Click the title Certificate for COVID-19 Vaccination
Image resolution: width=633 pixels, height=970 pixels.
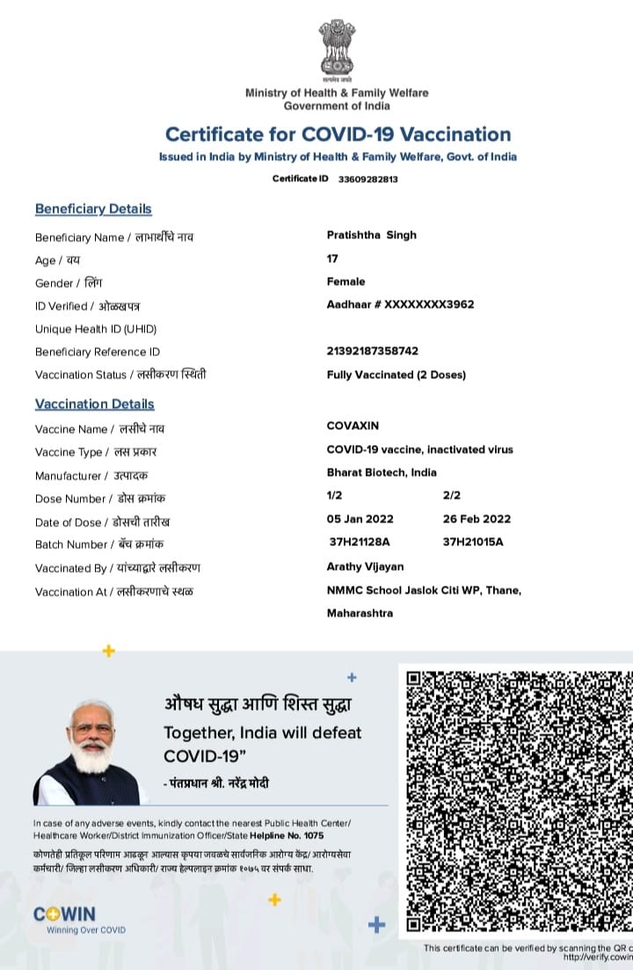click(x=338, y=135)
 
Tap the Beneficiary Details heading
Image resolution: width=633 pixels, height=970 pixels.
click(x=93, y=208)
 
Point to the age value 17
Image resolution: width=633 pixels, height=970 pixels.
click(x=332, y=259)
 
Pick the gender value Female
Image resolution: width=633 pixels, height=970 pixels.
click(x=346, y=281)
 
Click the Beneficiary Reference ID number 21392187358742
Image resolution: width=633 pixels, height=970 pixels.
click(x=373, y=351)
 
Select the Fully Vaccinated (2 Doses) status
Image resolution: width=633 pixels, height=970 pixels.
click(x=396, y=375)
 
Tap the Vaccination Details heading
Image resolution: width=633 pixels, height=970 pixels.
click(x=94, y=404)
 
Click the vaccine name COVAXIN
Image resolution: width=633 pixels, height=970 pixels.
click(x=353, y=426)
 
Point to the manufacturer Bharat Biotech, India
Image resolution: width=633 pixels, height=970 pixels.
click(x=382, y=472)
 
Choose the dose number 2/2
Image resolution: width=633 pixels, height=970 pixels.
click(x=452, y=496)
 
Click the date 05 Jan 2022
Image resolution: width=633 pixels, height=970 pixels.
click(x=360, y=519)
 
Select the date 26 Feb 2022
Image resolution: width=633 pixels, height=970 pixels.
click(x=477, y=519)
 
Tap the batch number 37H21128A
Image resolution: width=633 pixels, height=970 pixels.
click(x=360, y=542)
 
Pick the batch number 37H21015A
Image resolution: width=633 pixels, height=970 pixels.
click(x=473, y=542)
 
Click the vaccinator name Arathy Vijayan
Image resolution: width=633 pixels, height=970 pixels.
click(x=365, y=566)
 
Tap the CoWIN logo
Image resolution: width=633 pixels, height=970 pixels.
click(x=65, y=914)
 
